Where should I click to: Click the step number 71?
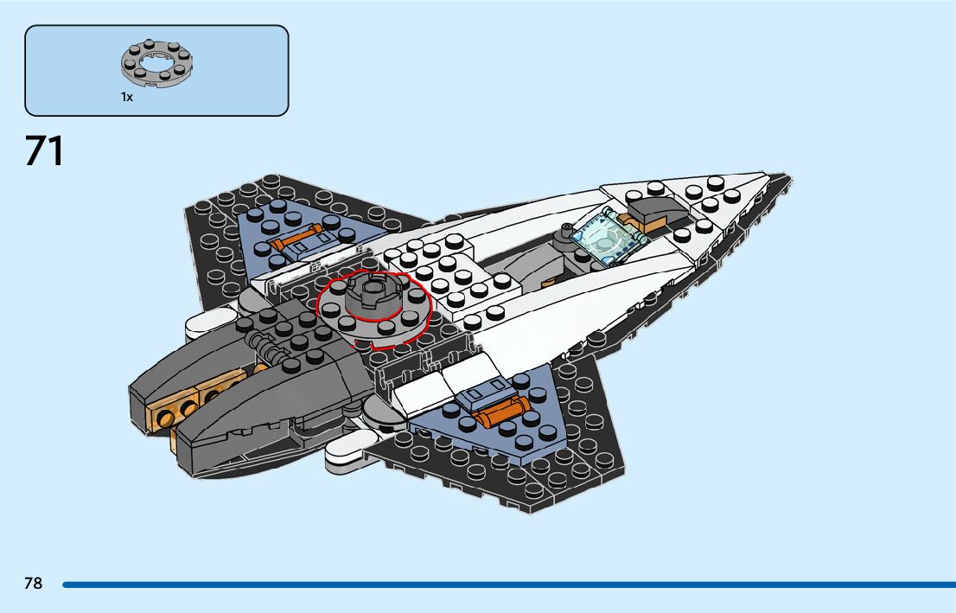click(x=44, y=151)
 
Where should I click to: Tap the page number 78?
click(x=33, y=584)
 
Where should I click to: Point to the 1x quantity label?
click(x=127, y=98)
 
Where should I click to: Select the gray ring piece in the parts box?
click(x=156, y=64)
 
